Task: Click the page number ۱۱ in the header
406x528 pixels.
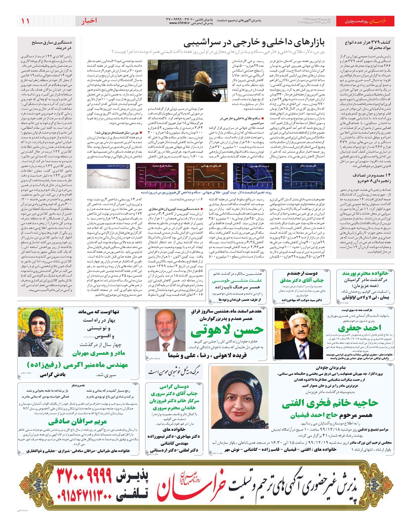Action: tap(25, 21)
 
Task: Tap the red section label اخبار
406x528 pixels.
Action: tap(89, 21)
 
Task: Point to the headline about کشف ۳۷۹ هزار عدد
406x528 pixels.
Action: tap(366, 45)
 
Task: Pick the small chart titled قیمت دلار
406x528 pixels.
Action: tap(298, 176)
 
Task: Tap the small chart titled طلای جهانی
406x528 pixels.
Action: tap(201, 176)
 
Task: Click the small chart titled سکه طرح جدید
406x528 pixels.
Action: tap(153, 176)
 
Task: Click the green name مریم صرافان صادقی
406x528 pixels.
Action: tap(77, 421)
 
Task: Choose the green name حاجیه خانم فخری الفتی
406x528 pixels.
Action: tap(330, 403)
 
